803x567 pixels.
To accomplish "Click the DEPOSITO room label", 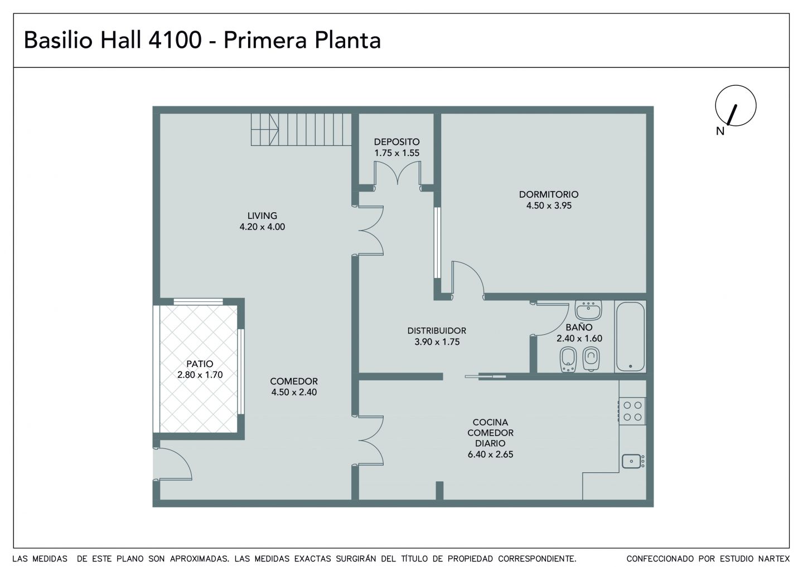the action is [396, 141].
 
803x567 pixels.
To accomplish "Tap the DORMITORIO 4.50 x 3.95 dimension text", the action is [549, 206].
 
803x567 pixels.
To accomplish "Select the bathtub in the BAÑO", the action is [630, 336].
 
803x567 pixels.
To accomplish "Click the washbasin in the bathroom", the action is [588, 310].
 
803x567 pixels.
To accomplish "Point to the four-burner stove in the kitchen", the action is [632, 411].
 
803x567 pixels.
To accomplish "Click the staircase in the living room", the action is [301, 129].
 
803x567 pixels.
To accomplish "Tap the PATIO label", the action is [200, 364].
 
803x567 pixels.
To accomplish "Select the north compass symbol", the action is [736, 106].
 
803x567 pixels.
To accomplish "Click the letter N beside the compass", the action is [720, 131].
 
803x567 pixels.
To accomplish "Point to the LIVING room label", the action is [262, 216].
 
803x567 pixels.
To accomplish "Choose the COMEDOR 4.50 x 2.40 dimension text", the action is [294, 392].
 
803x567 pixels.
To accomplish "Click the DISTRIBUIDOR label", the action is [437, 330].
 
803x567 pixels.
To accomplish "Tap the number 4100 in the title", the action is [175, 40].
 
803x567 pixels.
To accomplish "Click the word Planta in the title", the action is [347, 40].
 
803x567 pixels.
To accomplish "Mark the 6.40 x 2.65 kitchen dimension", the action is [490, 454].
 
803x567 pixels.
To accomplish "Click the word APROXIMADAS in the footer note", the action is [200, 559].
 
